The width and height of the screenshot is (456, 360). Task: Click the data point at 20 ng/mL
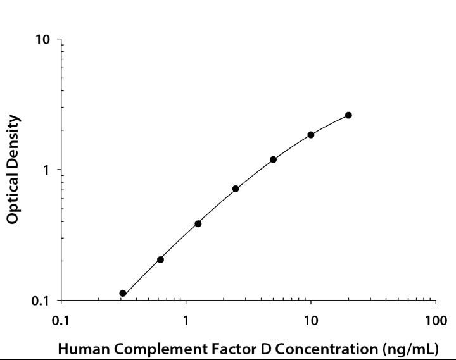coord(348,115)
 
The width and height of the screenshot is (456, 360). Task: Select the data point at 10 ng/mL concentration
coord(311,135)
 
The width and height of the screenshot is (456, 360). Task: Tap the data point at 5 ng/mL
coord(273,159)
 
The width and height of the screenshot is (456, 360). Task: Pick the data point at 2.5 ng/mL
coord(236,189)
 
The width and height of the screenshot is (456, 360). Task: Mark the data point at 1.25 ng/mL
coord(198,223)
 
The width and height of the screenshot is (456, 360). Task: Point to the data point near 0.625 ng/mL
coord(160,259)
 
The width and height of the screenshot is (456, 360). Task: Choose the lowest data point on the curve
coord(123,294)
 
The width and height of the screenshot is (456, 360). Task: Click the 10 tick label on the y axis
coord(42,40)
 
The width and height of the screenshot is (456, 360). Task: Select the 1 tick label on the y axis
coord(46,170)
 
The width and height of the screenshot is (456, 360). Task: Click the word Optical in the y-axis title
coord(13,199)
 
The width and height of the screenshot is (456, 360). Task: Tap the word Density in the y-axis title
coord(13,140)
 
